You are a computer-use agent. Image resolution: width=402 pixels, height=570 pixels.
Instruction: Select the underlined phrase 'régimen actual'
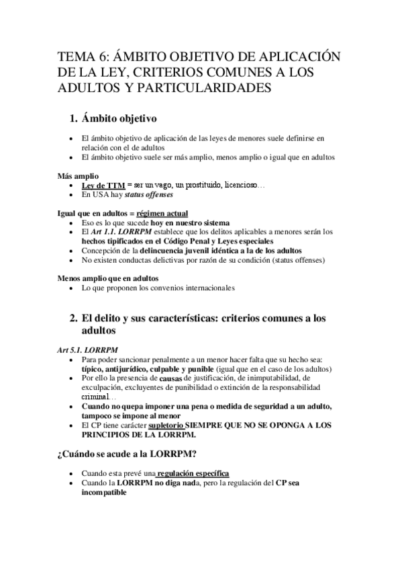coord(162,213)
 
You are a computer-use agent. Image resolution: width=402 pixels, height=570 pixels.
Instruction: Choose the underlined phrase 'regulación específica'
coord(196,473)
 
